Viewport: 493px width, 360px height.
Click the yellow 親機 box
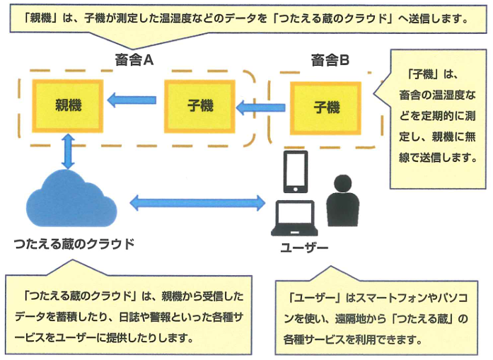click(x=68, y=105)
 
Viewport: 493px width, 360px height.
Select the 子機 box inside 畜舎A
click(x=199, y=106)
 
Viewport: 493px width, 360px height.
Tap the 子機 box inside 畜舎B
click(x=325, y=108)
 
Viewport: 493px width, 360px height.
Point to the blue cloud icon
click(x=71, y=199)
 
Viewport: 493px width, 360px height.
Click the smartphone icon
click(x=296, y=172)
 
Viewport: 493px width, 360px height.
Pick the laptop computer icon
click(x=295, y=219)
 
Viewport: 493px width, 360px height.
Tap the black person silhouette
click(x=343, y=201)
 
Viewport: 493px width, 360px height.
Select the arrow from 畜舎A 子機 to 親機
click(x=132, y=100)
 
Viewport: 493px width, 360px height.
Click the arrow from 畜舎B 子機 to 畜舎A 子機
click(x=261, y=108)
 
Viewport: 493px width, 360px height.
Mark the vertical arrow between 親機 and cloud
click(x=68, y=151)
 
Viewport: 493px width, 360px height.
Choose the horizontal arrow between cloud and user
click(x=197, y=203)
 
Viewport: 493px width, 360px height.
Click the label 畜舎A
click(x=134, y=59)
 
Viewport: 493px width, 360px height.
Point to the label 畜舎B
click(x=330, y=60)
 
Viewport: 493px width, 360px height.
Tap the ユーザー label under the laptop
click(x=304, y=248)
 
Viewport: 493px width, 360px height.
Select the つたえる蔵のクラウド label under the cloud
click(x=74, y=244)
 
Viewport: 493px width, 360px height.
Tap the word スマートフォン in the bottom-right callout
click(x=392, y=298)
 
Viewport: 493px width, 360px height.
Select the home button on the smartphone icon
click(x=296, y=189)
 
